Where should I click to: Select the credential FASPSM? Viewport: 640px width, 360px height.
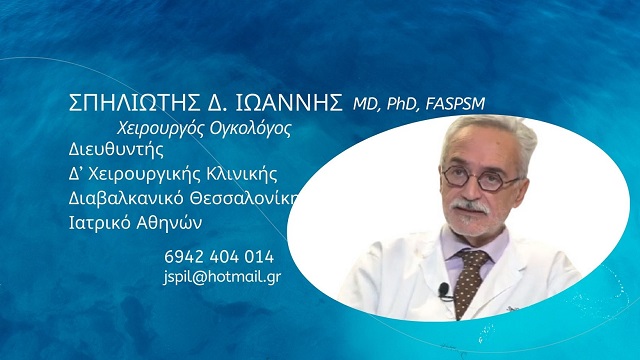coord(459,104)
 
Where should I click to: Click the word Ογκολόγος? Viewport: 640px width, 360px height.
coord(240,129)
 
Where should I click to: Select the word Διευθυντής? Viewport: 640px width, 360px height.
coord(116,151)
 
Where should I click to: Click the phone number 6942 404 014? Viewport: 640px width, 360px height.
coord(219,256)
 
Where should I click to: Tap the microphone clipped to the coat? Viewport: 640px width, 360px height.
coord(443,291)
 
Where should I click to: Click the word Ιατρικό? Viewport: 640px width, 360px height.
coord(101,220)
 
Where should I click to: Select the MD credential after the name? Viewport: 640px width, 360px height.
coord(364,104)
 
